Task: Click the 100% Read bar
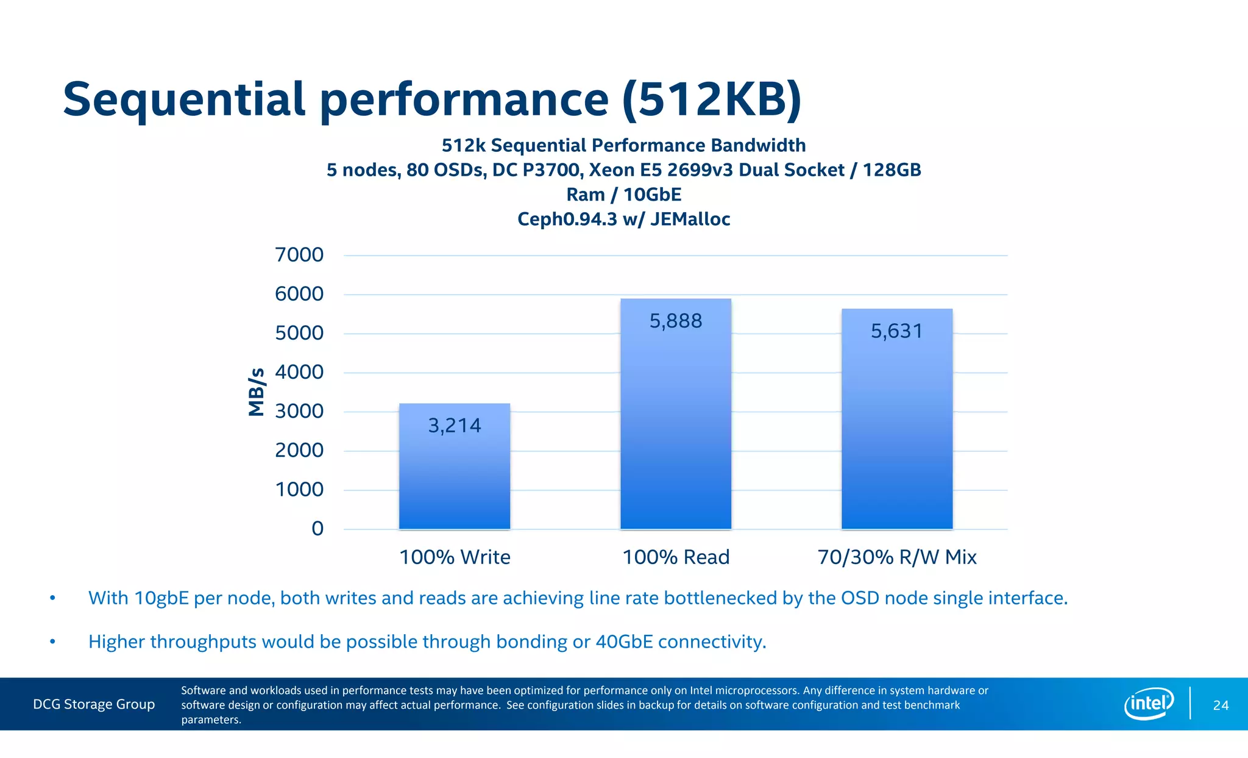[676, 421]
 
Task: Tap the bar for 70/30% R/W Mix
[896, 427]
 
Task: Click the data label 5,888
[676, 321]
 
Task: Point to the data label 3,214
[455, 426]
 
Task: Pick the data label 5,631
[896, 331]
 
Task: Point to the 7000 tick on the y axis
[299, 255]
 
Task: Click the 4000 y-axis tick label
[299, 372]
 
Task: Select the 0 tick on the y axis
[317, 529]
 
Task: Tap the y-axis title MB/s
[257, 392]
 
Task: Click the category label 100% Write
[455, 557]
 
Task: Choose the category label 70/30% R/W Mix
[896, 557]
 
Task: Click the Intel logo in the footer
[1149, 704]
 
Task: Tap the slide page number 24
[1221, 706]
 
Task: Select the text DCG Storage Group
[94, 704]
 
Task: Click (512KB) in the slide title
[712, 99]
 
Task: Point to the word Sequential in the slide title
[183, 99]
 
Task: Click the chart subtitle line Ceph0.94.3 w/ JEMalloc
[623, 219]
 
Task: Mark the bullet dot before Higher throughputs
[53, 642]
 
